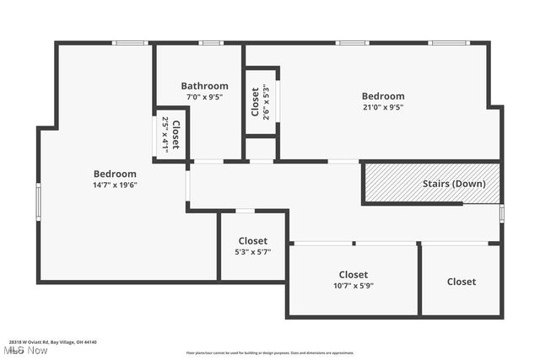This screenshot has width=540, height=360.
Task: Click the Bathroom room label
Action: pos(204,86)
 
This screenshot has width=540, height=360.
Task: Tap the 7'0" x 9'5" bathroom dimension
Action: pos(204,96)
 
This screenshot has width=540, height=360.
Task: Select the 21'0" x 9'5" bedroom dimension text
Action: pos(383,107)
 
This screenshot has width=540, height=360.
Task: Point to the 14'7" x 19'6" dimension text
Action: pos(115,185)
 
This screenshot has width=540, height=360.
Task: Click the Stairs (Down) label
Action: pos(454,184)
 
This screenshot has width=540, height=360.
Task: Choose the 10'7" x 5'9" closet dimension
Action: pos(354,286)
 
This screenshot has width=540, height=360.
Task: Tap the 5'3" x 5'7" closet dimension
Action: pos(252,251)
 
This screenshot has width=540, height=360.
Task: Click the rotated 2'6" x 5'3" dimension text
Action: pos(266,101)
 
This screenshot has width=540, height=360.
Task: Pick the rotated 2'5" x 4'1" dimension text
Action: pos(165,134)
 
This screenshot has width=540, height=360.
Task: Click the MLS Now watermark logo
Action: pos(24,349)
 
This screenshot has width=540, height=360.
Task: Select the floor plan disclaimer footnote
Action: pos(269,352)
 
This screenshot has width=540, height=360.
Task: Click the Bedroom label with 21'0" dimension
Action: pos(383,96)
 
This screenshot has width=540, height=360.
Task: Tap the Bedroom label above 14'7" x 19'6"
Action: pos(115,174)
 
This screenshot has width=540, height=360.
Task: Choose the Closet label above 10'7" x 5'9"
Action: pos(354,275)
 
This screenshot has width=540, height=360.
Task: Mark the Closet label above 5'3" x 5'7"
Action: pos(252,241)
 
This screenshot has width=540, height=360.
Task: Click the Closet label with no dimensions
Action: pos(461,282)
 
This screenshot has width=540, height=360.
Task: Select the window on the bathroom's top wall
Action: pos(210,43)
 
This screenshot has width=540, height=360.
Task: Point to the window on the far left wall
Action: pos(38,202)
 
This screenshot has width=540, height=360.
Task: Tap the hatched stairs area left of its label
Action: pos(391,183)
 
